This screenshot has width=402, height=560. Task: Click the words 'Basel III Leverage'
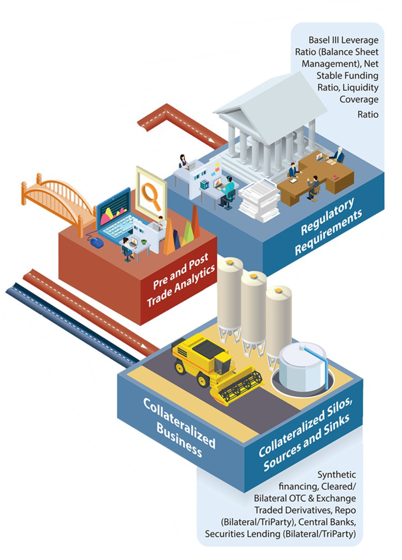point(343,40)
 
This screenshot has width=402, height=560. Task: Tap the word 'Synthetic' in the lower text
point(337,475)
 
